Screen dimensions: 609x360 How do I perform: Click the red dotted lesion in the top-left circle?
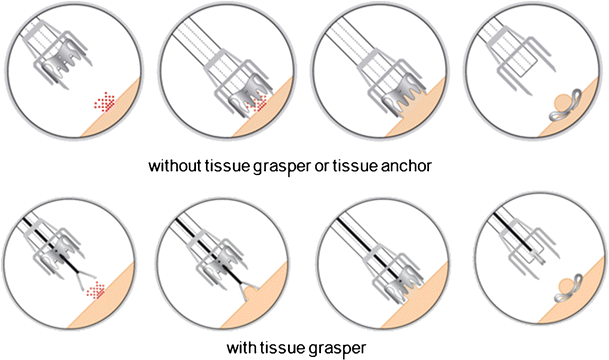click(x=104, y=102)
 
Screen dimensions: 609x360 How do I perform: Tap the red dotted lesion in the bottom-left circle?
click(x=96, y=290)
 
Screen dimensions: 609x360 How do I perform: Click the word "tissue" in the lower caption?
click(x=283, y=347)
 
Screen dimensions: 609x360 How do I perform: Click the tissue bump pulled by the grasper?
click(x=252, y=289)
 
